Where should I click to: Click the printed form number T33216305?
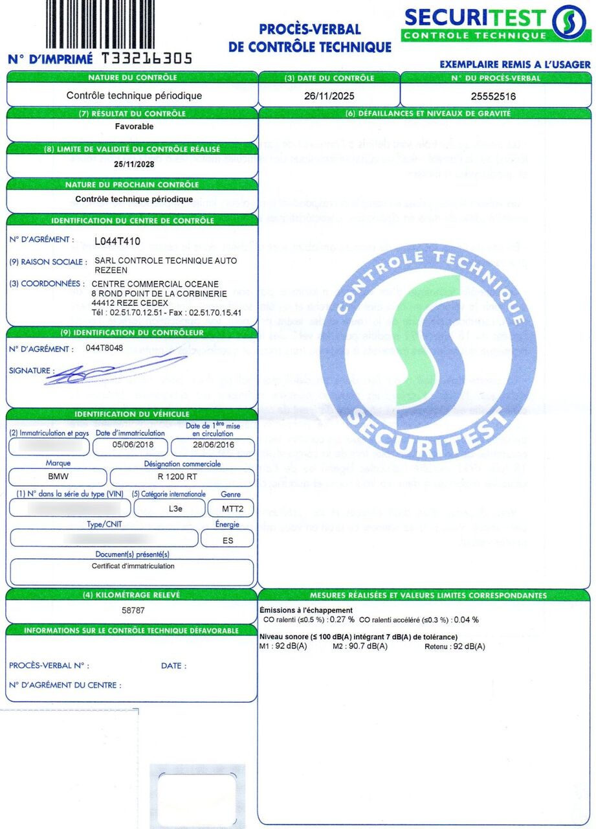(x=146, y=59)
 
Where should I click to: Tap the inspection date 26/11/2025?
(x=330, y=96)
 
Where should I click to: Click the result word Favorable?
(x=134, y=127)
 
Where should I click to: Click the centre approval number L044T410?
(x=116, y=242)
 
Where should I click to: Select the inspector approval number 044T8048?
(x=104, y=348)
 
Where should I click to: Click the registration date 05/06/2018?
(x=130, y=446)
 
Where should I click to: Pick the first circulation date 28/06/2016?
(x=211, y=446)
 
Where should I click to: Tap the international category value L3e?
(x=175, y=508)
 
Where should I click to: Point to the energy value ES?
(x=227, y=539)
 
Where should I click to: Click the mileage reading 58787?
(x=133, y=610)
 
